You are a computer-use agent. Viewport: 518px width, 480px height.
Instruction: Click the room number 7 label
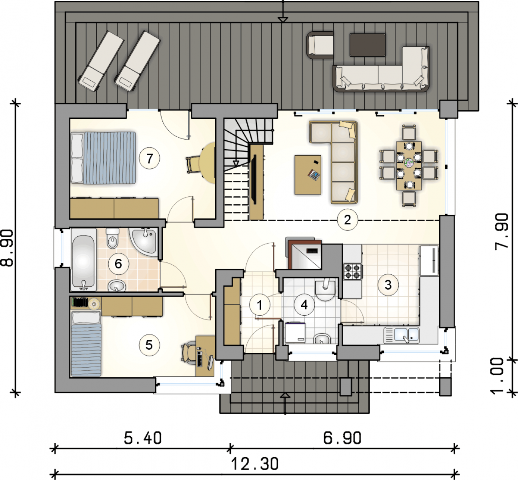(149, 158)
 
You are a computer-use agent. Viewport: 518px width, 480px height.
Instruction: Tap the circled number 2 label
(347, 220)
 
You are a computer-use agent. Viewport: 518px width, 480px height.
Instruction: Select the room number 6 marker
(118, 264)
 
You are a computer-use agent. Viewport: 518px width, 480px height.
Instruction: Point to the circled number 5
(149, 345)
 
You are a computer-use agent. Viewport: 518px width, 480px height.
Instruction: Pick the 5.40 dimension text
(143, 438)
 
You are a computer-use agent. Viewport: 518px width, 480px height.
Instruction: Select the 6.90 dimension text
(342, 438)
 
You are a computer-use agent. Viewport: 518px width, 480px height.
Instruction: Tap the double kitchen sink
(402, 335)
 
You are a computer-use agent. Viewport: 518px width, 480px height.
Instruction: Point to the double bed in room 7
(103, 158)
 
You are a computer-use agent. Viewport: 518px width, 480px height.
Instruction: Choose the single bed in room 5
(86, 344)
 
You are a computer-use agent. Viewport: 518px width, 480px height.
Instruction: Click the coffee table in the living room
(308, 174)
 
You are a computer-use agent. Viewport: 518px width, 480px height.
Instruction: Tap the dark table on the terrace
(368, 45)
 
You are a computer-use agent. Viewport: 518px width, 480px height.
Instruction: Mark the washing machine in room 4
(295, 333)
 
